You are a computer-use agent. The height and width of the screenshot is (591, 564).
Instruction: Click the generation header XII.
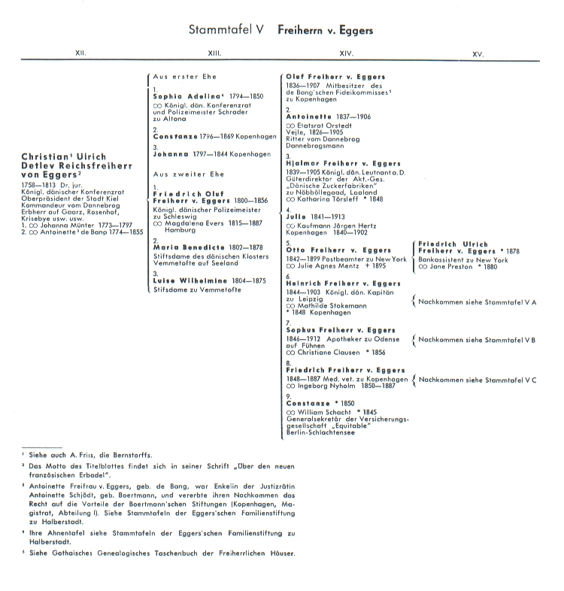coord(80,54)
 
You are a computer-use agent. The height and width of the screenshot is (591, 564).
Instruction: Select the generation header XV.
coord(478,54)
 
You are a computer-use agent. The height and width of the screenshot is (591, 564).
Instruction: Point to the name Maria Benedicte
coord(187,247)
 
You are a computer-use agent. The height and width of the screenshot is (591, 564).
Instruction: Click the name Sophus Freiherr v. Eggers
coord(340,329)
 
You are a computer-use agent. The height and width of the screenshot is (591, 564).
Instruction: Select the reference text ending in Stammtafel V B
coord(477,340)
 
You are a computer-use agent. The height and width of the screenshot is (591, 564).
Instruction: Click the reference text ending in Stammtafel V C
coord(477,379)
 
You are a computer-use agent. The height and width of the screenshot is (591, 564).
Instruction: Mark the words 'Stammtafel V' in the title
coord(226,31)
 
